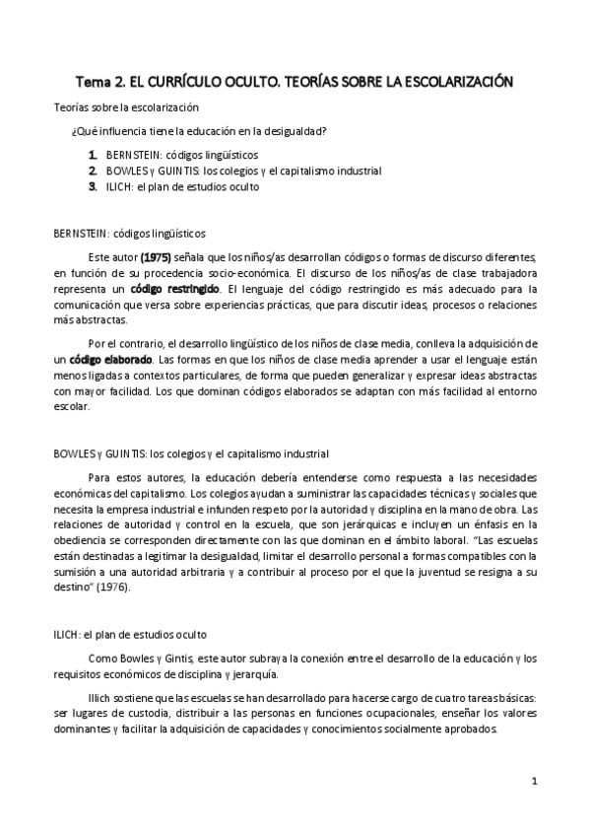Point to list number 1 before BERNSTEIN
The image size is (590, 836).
click(92, 155)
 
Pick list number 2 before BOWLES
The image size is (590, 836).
click(92, 170)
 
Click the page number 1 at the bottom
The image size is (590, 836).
click(533, 784)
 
